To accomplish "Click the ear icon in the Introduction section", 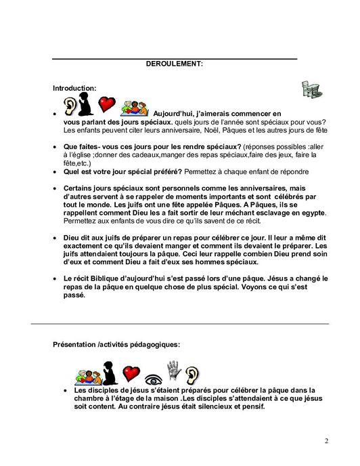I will pyautogui.click(x=70, y=105).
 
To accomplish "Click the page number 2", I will pyautogui.click(x=325, y=442).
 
